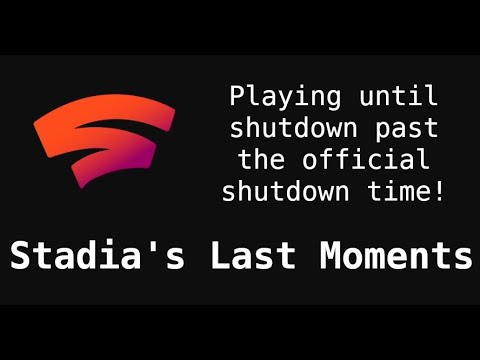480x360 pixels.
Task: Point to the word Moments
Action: pyautogui.click(x=395, y=256)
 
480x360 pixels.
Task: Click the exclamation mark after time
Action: pyautogui.click(x=438, y=189)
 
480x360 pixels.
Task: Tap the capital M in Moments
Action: pyautogui.click(x=331, y=256)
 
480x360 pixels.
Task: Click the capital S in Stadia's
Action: pyautogui.click(x=21, y=256)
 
